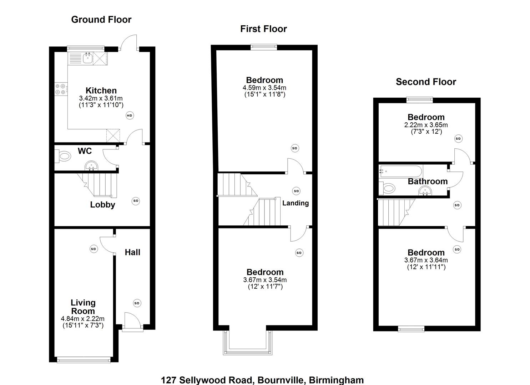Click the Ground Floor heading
coord(101,20)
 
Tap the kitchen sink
coord(87,58)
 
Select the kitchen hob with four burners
coord(61,89)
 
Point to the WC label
coord(85,151)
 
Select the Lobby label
coord(102,205)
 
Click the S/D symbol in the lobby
coord(136,201)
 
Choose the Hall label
coord(132,252)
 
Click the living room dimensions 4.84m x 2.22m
coord(83,319)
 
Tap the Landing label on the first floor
coord(296,203)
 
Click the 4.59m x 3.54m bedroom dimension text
coord(264,88)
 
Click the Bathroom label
coord(428,181)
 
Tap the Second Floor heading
coord(426,82)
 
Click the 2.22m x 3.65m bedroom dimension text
coord(426,125)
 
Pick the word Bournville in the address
coord(280,380)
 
